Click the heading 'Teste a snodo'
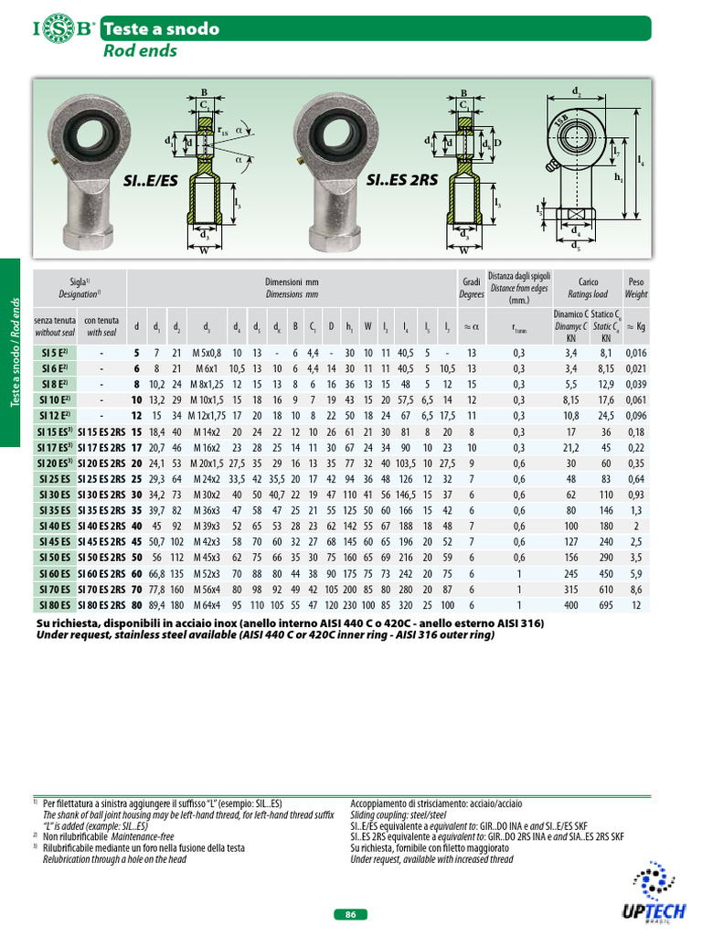coord(162,28)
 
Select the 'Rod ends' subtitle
coord(141,51)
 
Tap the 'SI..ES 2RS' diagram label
coord(402,181)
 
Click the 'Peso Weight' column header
coord(636,288)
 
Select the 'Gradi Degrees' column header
coord(472,288)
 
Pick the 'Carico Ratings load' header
coord(588,288)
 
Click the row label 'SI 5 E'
coord(54,352)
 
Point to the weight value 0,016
coord(635,352)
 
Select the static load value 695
coord(605,604)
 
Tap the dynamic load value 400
coord(570,604)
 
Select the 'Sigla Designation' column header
coord(79,288)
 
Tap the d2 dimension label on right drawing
coord(576,91)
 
